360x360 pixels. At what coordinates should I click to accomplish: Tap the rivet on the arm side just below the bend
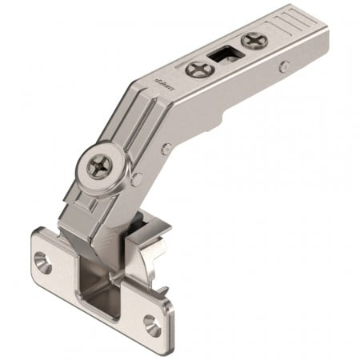coord(166,148)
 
